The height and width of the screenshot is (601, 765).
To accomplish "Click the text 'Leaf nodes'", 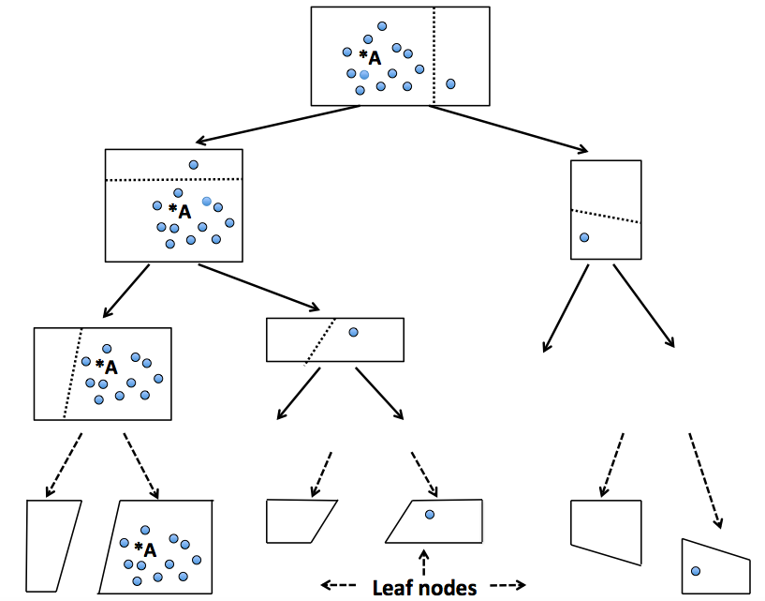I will coord(424,588).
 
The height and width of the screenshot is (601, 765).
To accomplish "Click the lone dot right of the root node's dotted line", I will coord(450,84).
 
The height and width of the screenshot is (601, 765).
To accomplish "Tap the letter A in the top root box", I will coord(375,58).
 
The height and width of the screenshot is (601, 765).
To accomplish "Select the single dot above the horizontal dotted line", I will coord(194,165).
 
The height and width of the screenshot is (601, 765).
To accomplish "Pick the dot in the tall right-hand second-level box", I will coord(584,238).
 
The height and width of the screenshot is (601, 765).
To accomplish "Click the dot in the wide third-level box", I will coord(353,332).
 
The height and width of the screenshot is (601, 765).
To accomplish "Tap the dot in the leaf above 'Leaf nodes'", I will coord(429,515).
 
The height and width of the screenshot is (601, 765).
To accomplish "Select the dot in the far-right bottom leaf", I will coord(696,570).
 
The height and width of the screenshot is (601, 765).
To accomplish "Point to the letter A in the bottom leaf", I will coord(149,548).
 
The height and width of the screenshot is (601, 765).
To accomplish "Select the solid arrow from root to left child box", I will coord(277,125).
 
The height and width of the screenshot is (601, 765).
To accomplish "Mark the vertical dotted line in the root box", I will coord(434,56).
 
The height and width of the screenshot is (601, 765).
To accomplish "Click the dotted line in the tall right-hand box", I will coord(606,216).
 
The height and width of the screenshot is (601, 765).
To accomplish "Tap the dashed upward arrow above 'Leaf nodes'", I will coord(424,563).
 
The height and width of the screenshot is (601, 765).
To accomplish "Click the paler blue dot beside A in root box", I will coord(364,74).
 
